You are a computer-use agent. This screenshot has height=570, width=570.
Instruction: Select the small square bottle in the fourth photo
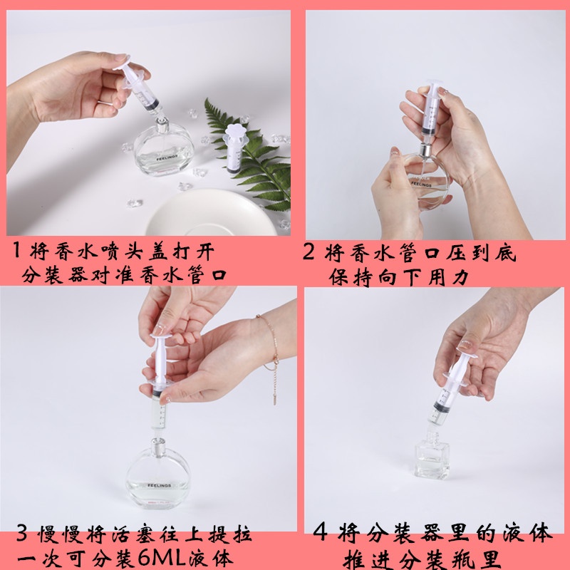coord(432,456)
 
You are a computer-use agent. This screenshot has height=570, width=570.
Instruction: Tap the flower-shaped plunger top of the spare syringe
coord(235,135)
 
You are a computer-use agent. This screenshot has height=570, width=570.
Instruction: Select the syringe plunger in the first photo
coord(132,73)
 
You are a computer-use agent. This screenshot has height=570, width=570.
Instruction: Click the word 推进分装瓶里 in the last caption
coord(430,557)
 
